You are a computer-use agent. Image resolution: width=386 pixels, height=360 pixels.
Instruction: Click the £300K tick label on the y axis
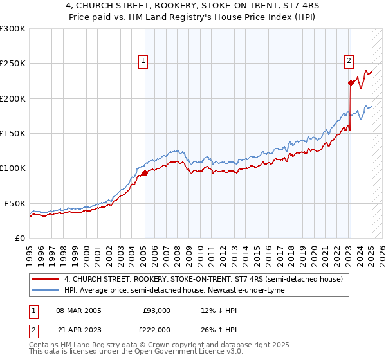coord(13,29)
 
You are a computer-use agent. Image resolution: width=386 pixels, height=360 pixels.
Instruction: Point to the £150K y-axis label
coord(13,134)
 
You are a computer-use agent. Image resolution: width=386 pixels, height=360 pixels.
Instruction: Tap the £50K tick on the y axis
coord(15,203)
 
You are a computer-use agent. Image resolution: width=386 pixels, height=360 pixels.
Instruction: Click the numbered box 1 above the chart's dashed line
coord(143,61)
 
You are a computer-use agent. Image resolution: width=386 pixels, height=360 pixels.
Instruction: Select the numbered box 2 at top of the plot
coord(349,61)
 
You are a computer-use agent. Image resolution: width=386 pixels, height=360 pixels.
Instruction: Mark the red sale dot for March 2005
coord(145,172)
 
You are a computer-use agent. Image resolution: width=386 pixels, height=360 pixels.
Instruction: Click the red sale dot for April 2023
coord(351,83)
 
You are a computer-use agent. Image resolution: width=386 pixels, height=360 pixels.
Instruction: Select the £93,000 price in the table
coord(156,310)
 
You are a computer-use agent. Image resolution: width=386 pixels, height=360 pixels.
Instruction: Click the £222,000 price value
coord(156,329)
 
